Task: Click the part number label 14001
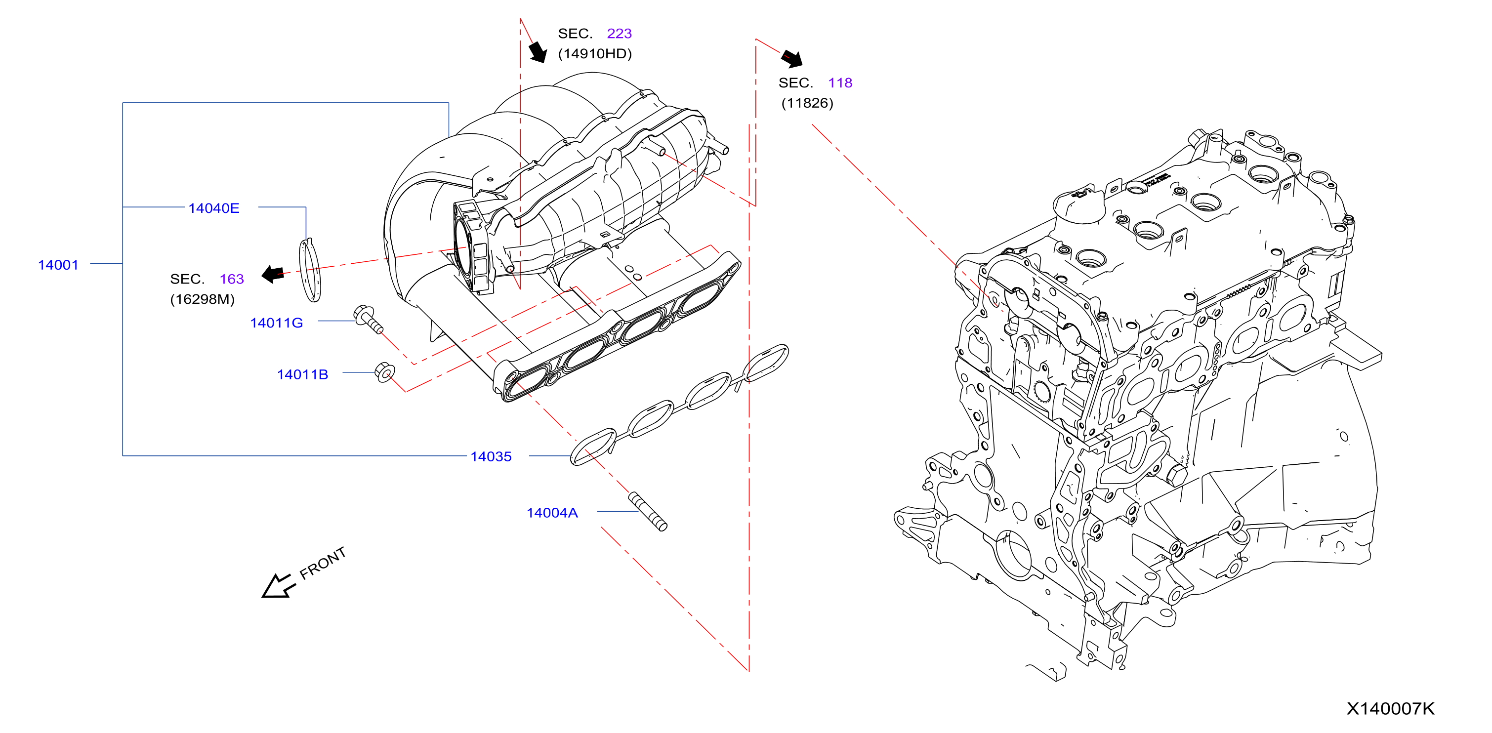click(58, 265)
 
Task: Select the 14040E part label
click(214, 208)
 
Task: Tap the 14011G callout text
click(276, 323)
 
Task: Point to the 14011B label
click(302, 374)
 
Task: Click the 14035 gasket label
click(491, 456)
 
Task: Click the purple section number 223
click(619, 33)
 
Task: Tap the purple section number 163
click(232, 279)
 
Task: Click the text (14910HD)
click(595, 53)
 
